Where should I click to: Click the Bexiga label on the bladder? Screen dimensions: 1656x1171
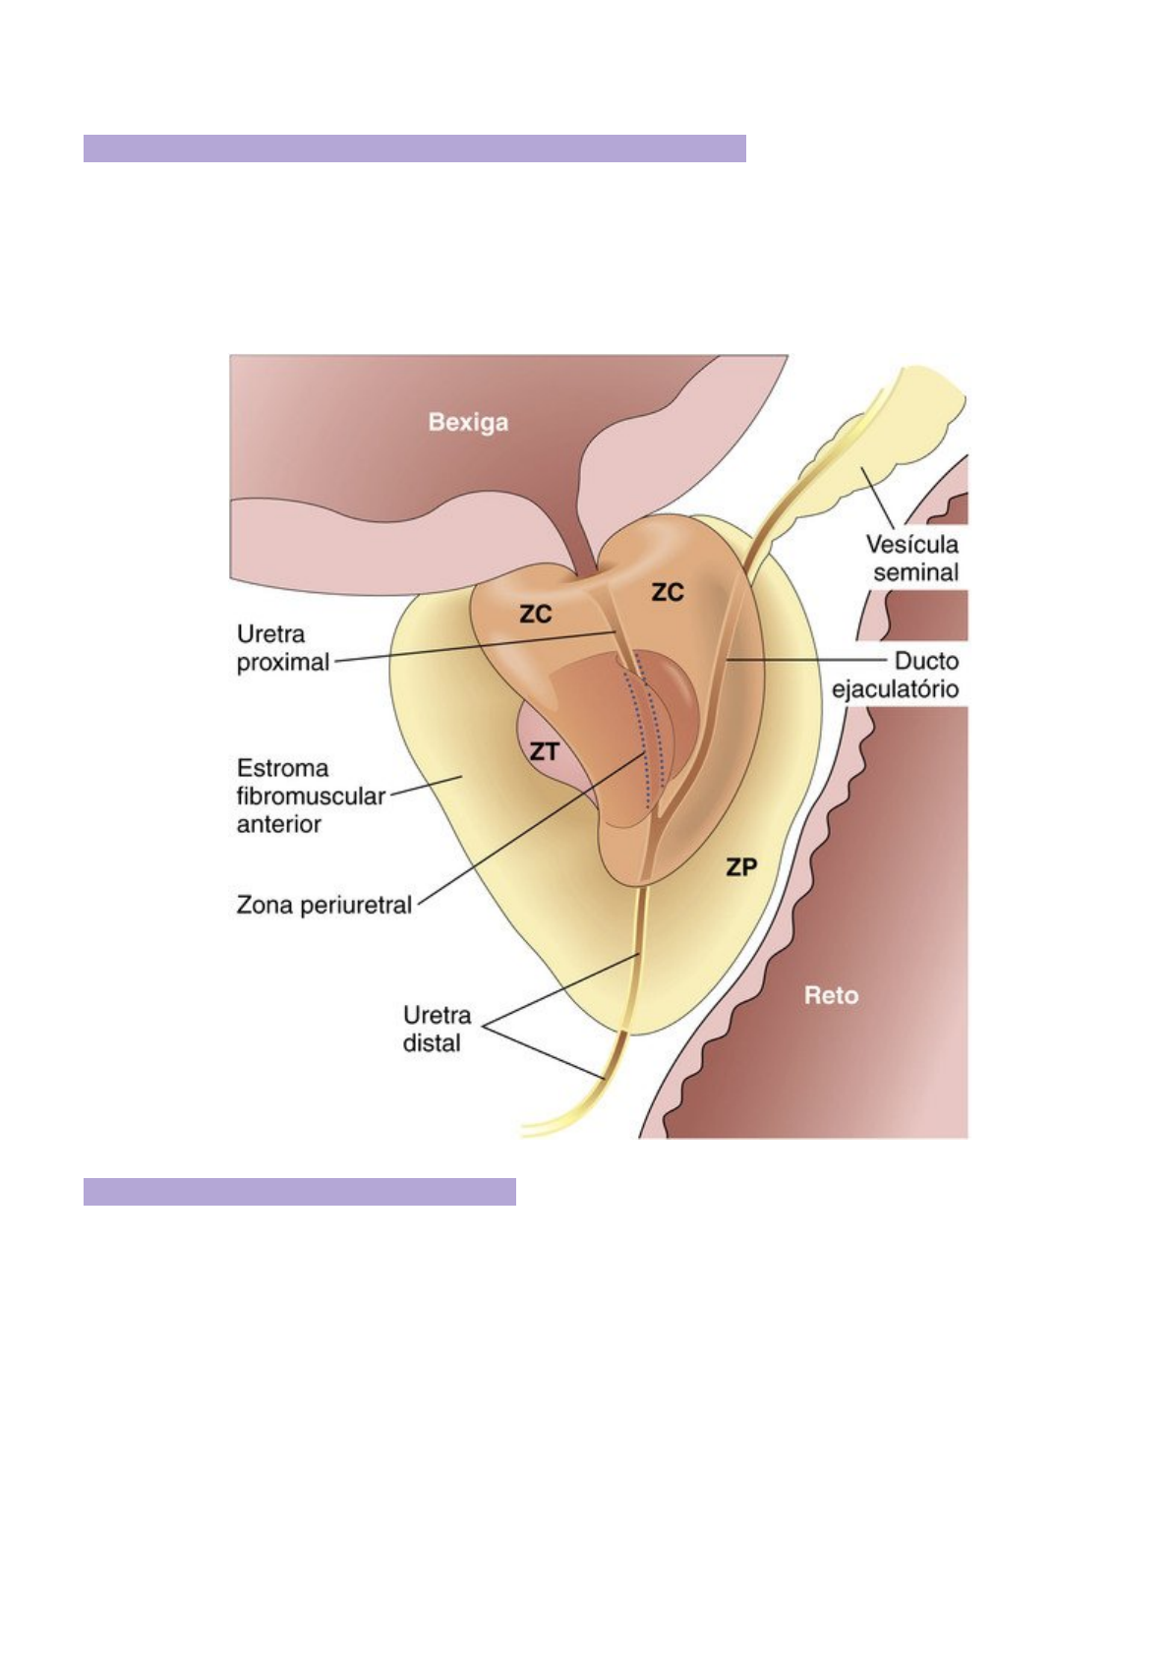click(x=468, y=423)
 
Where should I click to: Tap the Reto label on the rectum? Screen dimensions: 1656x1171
click(x=831, y=995)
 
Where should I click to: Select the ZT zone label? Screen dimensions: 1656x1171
click(x=544, y=752)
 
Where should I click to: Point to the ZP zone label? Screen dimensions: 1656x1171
click(x=741, y=867)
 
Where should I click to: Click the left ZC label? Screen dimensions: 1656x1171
click(x=536, y=615)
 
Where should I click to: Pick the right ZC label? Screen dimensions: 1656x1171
click(x=668, y=592)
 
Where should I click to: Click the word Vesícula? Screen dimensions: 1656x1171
click(x=911, y=544)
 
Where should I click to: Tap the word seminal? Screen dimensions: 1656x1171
click(x=915, y=572)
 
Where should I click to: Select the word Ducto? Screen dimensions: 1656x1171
click(x=925, y=661)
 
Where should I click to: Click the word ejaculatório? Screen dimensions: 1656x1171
click(x=895, y=688)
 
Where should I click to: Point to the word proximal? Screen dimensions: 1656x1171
click(x=283, y=663)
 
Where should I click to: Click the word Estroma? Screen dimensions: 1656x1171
click(x=283, y=768)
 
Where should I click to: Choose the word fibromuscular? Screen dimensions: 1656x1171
click(x=311, y=797)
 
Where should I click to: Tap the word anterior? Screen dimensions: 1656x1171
click(x=279, y=824)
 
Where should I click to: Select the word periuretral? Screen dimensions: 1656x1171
click(x=356, y=905)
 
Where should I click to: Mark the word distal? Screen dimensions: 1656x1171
click(x=432, y=1043)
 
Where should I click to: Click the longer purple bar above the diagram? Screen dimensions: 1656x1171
click(x=414, y=148)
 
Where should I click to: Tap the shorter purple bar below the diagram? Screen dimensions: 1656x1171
click(x=299, y=1192)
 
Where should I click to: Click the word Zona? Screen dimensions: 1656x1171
click(x=264, y=905)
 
